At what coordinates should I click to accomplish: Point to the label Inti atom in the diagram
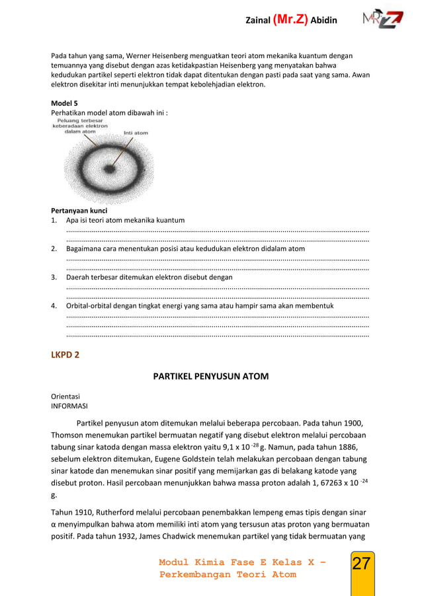point(136,133)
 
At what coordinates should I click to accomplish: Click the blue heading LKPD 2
point(65,355)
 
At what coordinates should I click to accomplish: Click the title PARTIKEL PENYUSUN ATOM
point(211,377)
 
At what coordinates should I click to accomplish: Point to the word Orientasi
point(65,397)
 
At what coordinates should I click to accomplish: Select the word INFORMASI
point(69,406)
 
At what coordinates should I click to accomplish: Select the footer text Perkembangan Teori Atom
point(228,575)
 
